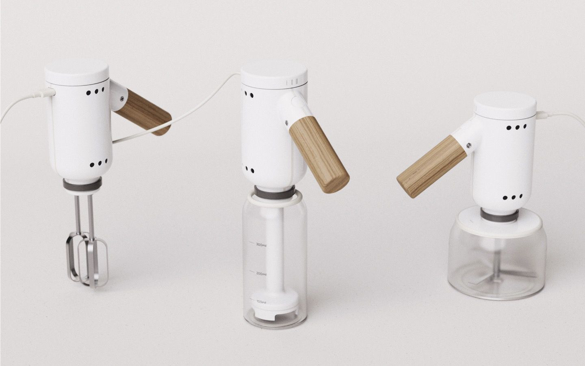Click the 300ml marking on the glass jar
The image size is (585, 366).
pos(261,245)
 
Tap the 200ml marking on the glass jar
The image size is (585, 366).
pos(261,274)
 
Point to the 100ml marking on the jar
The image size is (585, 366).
pos(261,302)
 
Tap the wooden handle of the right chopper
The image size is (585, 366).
pos(431,166)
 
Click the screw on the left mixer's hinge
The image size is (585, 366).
pos(122,98)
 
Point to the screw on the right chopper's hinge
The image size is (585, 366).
pos(469,145)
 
